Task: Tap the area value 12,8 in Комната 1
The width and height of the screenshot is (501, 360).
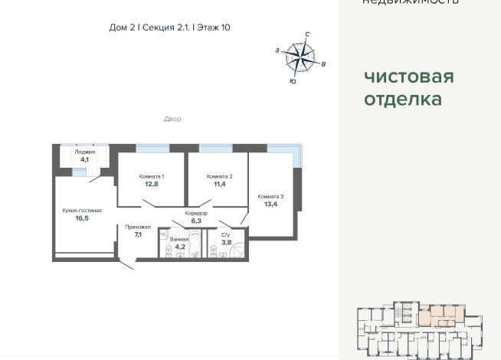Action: pyautogui.click(x=152, y=184)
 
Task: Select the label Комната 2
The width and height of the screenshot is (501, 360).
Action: pyautogui.click(x=219, y=176)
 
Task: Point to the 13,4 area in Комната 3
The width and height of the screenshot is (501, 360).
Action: pyautogui.click(x=270, y=205)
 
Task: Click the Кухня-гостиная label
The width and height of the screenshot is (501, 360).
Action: pyautogui.click(x=82, y=210)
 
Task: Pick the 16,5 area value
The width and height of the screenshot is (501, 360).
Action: pyautogui.click(x=82, y=218)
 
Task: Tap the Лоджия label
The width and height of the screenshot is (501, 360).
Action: pyautogui.click(x=85, y=152)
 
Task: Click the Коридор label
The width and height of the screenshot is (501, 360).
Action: pyautogui.click(x=196, y=213)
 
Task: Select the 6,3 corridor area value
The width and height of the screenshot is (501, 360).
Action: pyautogui.click(x=196, y=221)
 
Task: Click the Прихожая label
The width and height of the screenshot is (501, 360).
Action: pyautogui.click(x=138, y=227)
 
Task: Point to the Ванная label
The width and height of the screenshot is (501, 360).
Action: pyautogui.click(x=179, y=239)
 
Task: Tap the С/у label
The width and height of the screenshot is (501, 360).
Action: pyautogui.click(x=226, y=234)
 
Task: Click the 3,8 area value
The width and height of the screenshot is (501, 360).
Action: pyautogui.click(x=226, y=242)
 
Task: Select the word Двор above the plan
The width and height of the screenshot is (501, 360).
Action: pyautogui.click(x=172, y=119)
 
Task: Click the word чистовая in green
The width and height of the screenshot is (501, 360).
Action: pyautogui.click(x=409, y=77)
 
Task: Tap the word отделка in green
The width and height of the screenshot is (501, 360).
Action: pyautogui.click(x=403, y=100)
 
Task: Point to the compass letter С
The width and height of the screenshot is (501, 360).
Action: pyautogui.click(x=307, y=35)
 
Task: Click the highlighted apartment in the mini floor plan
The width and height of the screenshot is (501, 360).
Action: pyautogui.click(x=438, y=314)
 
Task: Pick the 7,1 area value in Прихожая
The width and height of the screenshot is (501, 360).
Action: pyautogui.click(x=138, y=234)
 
